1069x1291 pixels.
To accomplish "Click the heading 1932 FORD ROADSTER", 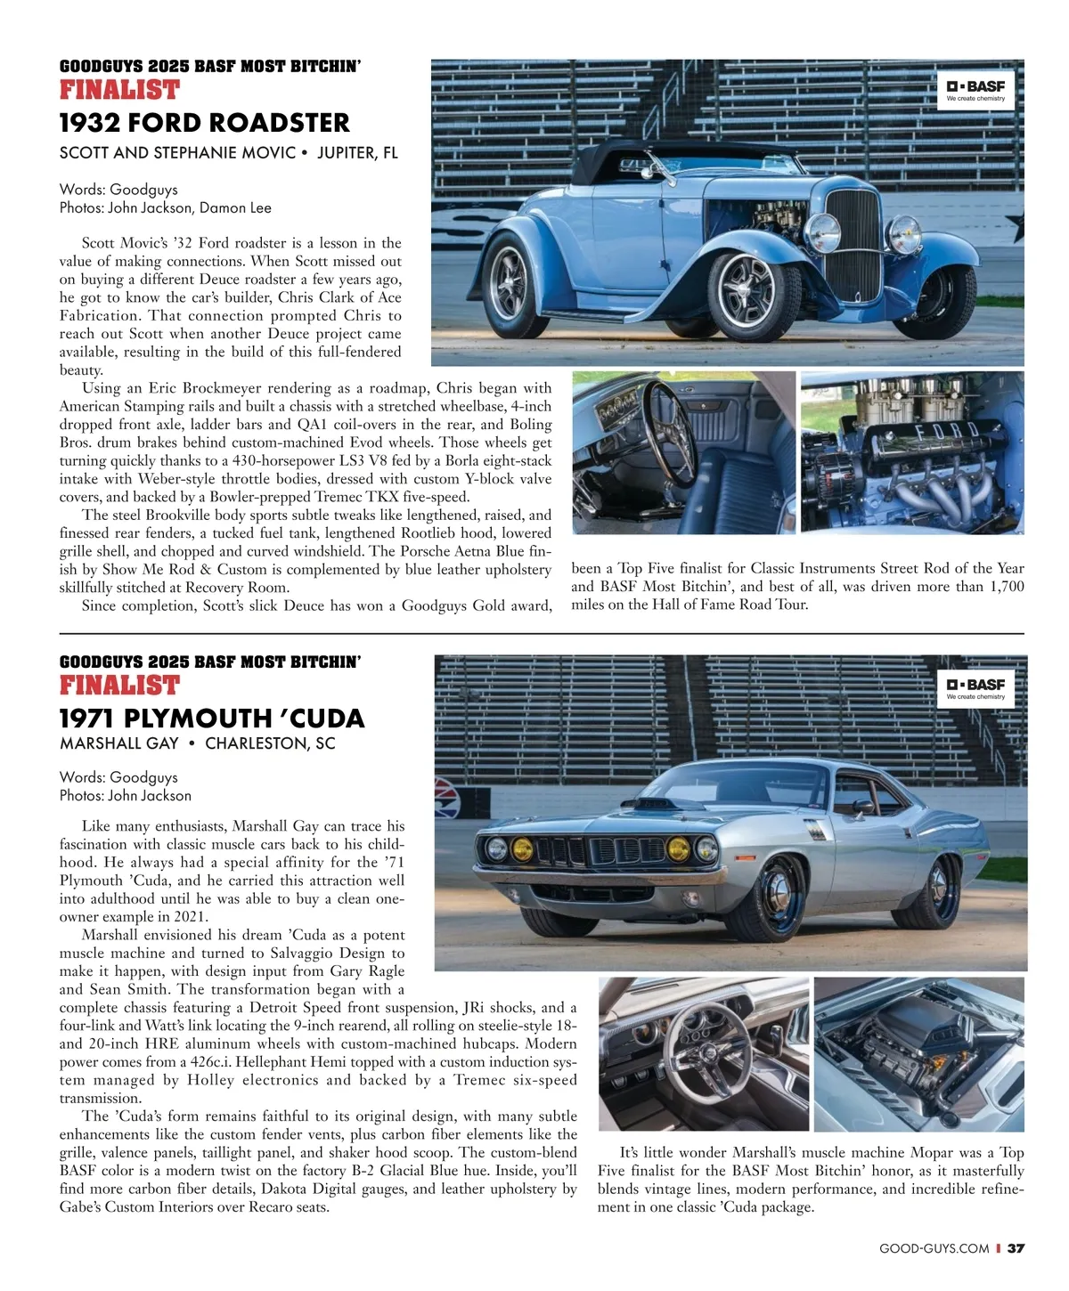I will click(x=204, y=123).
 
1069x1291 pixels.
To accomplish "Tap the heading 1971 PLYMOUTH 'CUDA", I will click(x=212, y=718).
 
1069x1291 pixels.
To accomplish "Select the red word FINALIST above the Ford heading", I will click(x=119, y=90).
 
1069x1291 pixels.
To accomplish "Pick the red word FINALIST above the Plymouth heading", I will click(x=119, y=686).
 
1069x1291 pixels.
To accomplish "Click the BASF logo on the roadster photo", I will click(x=975, y=90).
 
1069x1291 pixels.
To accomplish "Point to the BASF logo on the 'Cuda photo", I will click(x=975, y=688).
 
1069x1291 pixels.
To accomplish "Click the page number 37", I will click(x=1016, y=1248).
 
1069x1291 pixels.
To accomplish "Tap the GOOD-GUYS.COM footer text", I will click(x=934, y=1248).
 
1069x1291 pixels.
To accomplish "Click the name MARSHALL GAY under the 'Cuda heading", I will click(x=118, y=743).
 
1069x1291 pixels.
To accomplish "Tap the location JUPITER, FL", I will click(x=357, y=152).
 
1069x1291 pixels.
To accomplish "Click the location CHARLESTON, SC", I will click(x=270, y=743).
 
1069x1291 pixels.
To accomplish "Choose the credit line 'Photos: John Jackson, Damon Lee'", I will click(x=165, y=207).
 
